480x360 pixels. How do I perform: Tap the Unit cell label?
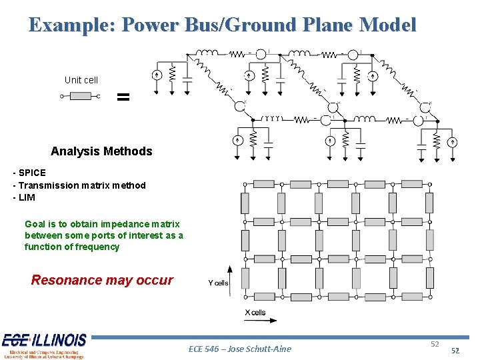point(81,80)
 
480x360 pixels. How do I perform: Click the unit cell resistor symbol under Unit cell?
point(81,97)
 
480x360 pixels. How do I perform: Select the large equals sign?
point(123,97)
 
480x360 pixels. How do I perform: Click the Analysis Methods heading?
point(101,151)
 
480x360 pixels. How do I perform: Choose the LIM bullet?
point(26,197)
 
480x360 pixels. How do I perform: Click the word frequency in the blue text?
point(97,247)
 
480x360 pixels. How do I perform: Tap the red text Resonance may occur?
point(102,280)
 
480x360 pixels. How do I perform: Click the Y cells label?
point(218,283)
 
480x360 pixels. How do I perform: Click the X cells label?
point(255,312)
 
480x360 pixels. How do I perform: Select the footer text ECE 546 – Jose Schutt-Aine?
point(240,349)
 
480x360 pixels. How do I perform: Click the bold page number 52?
point(455,351)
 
